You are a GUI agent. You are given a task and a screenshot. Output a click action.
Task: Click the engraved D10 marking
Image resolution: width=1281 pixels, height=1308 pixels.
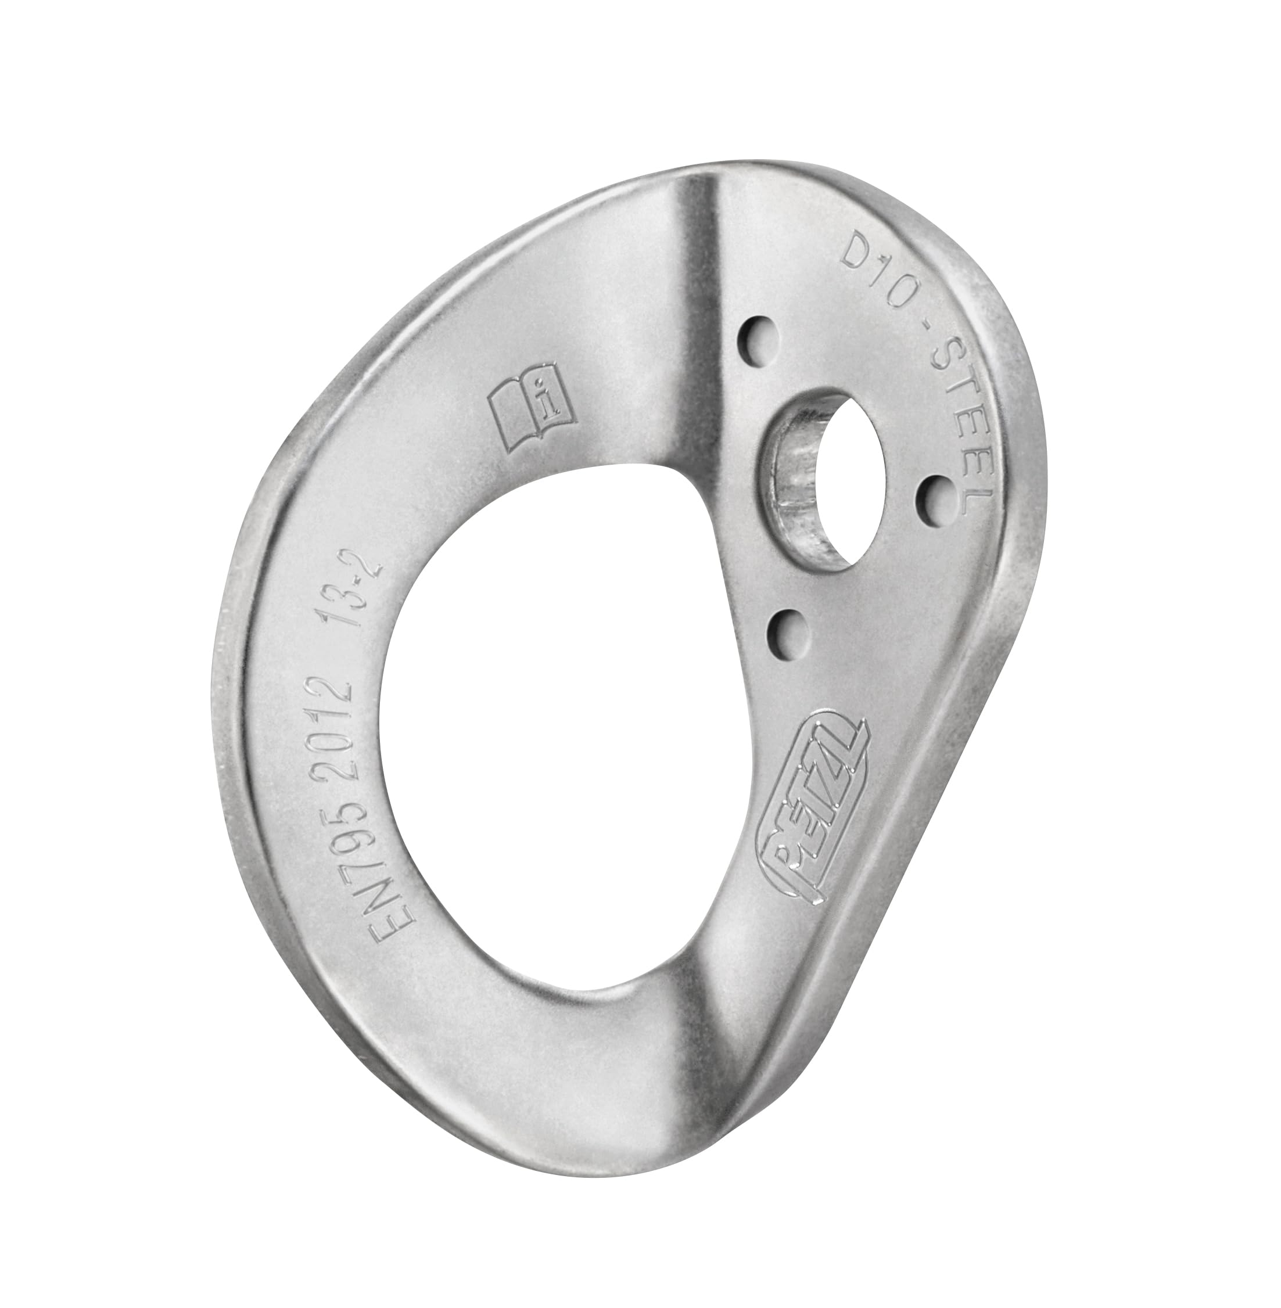867,264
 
